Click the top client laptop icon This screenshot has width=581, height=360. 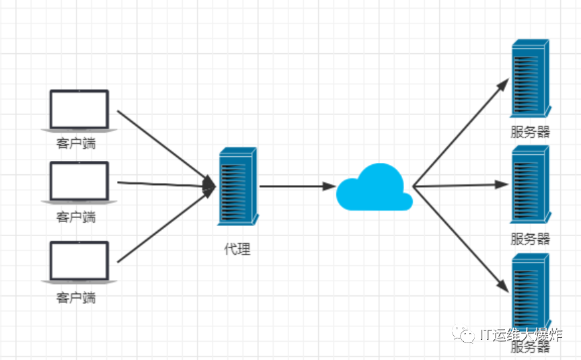(x=79, y=109)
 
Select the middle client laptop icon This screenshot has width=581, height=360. (x=79, y=181)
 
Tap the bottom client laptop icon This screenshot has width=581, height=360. (x=79, y=261)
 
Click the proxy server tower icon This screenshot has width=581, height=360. (x=237, y=187)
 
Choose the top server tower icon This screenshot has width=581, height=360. (x=530, y=79)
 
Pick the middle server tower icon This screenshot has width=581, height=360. (x=530, y=184)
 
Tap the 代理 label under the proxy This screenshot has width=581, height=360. (x=237, y=249)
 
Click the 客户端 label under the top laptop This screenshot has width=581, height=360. (x=76, y=144)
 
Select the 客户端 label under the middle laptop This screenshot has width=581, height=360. (x=76, y=217)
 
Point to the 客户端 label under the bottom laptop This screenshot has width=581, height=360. (x=76, y=297)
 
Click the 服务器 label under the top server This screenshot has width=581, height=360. (x=530, y=132)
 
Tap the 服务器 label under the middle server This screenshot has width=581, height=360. (x=530, y=238)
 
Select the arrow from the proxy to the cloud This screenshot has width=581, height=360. (x=296, y=186)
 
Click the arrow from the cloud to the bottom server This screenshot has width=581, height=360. (x=461, y=238)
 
